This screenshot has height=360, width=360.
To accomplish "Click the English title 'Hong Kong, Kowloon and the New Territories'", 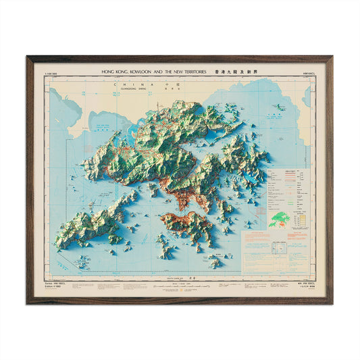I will coord(153,70).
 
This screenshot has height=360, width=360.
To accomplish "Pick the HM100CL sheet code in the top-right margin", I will coord(310,72).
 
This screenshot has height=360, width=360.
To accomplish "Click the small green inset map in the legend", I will coord(280,218).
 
